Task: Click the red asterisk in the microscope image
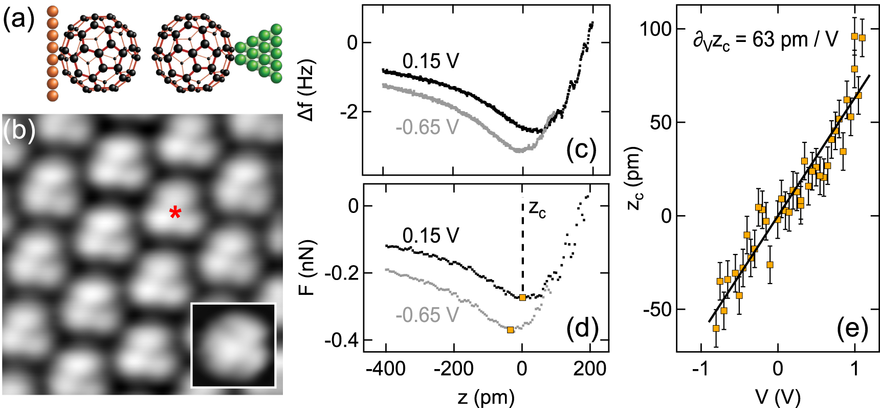(175, 213)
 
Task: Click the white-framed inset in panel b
(233, 345)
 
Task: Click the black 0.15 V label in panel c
(431, 61)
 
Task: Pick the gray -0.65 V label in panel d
(427, 315)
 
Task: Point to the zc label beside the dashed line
(537, 208)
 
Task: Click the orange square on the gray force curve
(510, 330)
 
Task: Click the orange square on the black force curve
(522, 297)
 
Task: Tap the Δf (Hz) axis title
(308, 91)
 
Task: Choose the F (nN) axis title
(307, 268)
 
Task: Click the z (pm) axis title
(486, 397)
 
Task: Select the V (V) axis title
(778, 397)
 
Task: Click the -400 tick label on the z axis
(386, 369)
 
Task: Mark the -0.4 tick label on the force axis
(341, 340)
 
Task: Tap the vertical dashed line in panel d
(522, 246)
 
